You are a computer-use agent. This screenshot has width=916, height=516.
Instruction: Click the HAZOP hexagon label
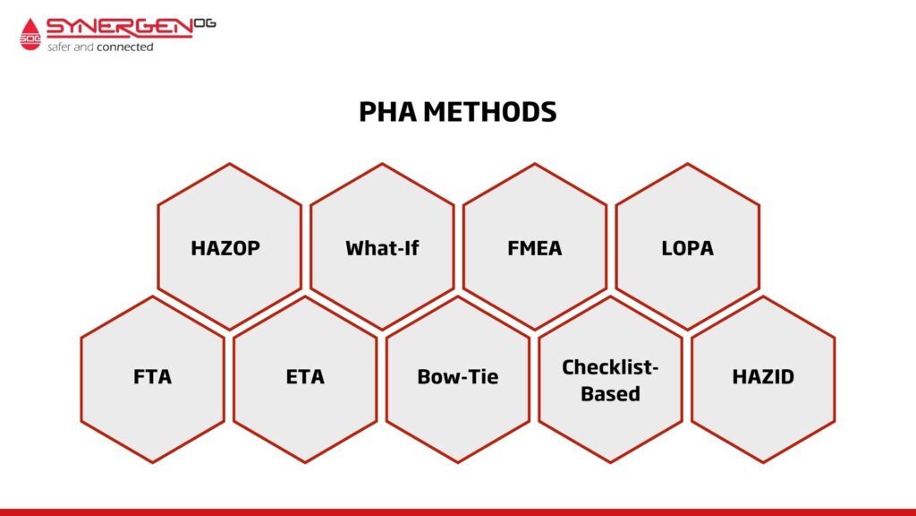click(225, 248)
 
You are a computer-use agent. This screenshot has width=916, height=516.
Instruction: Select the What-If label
click(382, 248)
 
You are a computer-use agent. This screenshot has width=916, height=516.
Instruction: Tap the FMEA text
click(534, 248)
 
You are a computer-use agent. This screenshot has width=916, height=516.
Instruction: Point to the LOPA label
click(687, 248)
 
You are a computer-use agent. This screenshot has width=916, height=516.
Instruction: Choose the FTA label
click(152, 376)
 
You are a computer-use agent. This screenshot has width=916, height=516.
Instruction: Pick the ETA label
click(305, 376)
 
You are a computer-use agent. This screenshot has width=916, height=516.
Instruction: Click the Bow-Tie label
click(458, 376)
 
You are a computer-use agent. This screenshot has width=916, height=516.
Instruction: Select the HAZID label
click(763, 376)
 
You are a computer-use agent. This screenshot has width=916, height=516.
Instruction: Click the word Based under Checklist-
click(610, 393)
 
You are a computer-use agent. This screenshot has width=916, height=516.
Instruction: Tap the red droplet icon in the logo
click(30, 34)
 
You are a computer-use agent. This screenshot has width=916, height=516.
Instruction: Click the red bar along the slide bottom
click(458, 512)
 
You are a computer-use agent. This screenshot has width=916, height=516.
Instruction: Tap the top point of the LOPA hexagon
click(687, 164)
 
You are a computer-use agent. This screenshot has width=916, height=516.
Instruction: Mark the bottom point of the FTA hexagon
click(152, 462)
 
